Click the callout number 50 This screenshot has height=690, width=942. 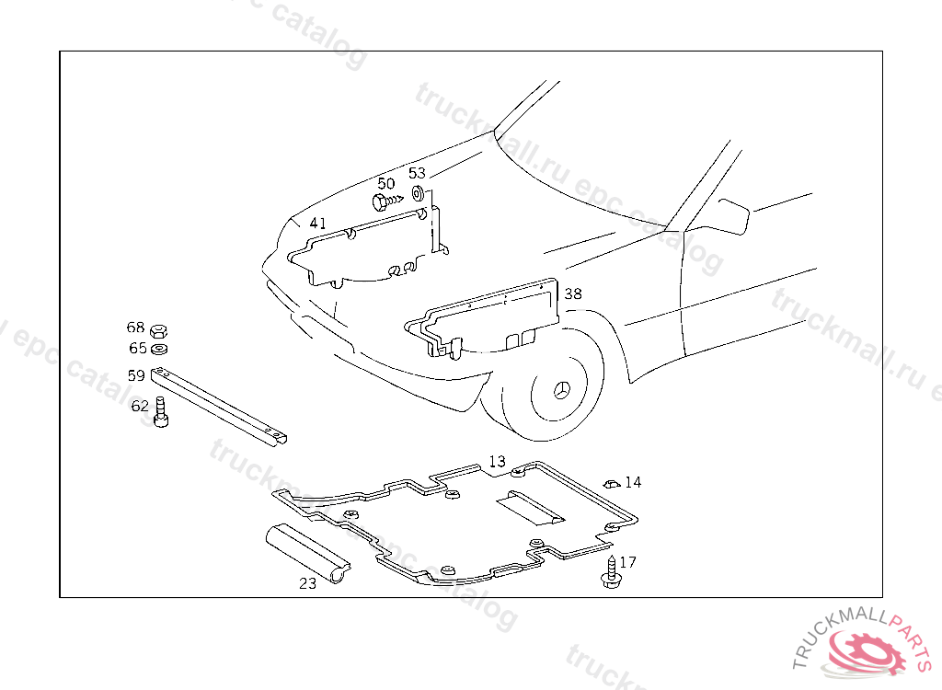click(386, 184)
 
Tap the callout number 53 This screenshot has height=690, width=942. click(417, 173)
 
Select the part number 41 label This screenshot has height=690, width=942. click(317, 224)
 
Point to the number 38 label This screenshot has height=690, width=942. click(573, 294)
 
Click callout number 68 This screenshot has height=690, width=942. click(136, 328)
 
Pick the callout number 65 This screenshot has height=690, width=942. click(137, 349)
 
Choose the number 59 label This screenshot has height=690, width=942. click(136, 375)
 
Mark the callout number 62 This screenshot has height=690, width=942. click(140, 406)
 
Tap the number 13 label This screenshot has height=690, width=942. click(497, 462)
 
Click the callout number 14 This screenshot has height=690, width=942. click(633, 482)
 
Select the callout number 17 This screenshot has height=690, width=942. click(627, 562)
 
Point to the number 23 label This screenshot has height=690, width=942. click(307, 583)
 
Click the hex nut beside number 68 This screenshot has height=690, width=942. click(157, 329)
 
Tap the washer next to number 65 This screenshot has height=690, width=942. click(158, 349)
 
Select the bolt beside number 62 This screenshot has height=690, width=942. click(162, 411)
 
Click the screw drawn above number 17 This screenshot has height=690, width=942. click(609, 572)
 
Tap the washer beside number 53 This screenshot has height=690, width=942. click(418, 193)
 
